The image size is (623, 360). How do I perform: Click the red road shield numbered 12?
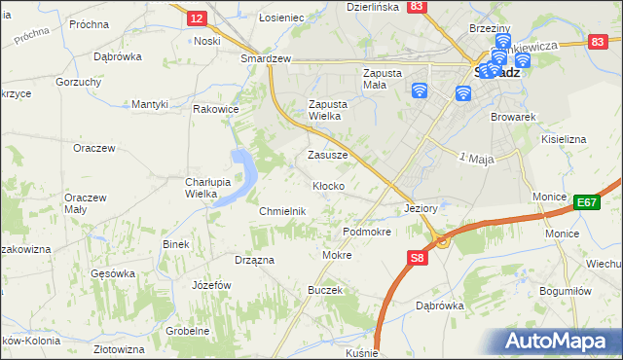(196, 18)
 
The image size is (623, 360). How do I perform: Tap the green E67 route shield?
(586, 202)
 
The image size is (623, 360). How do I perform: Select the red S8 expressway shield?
(417, 258)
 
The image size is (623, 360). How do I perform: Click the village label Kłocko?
(327, 185)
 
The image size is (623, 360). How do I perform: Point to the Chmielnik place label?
(282, 211)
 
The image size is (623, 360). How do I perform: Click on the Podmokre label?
(367, 233)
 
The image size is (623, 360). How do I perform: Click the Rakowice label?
(216, 109)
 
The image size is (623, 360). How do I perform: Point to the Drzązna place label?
(254, 260)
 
